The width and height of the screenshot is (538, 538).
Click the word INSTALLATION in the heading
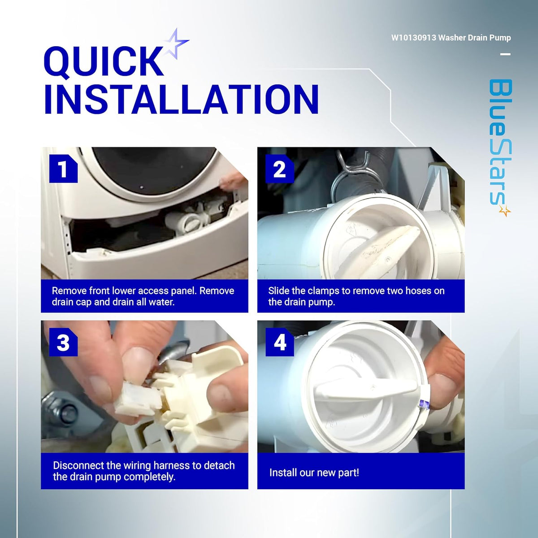click(181, 99)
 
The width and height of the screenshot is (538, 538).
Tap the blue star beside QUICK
click(176, 44)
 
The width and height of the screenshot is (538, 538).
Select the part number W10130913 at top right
click(413, 38)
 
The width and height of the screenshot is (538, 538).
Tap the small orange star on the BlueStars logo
click(504, 211)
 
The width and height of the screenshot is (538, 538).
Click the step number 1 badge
click(63, 169)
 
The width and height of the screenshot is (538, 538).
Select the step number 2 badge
click(279, 169)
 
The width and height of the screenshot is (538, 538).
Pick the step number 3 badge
click(63, 342)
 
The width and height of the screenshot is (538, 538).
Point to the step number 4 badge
click(279, 342)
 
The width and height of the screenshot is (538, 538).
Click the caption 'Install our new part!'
click(314, 473)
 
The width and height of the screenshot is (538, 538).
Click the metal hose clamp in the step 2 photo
click(348, 173)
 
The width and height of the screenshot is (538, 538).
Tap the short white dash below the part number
click(505, 54)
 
